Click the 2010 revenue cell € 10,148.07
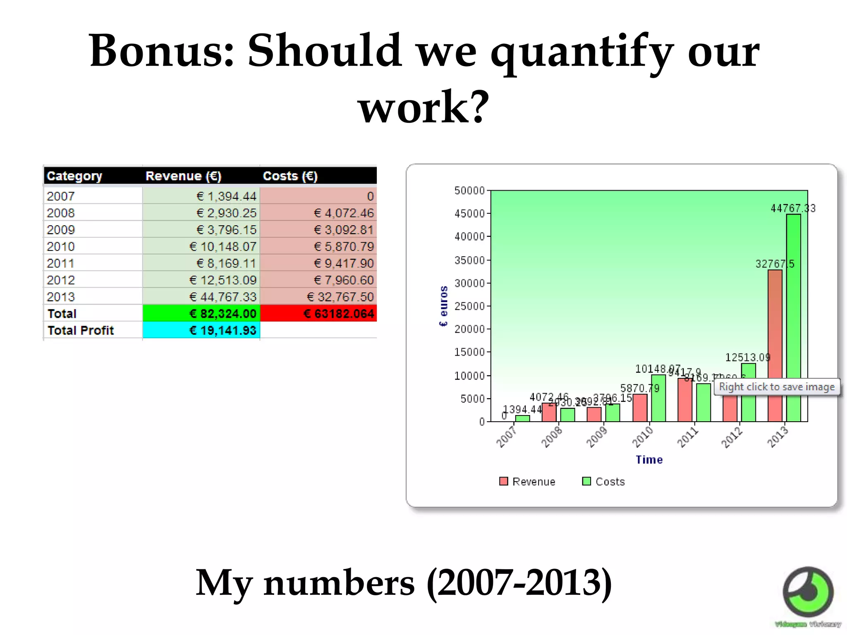coord(223,246)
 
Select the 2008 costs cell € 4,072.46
coord(343,213)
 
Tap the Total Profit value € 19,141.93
coord(223,330)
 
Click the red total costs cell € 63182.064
coord(338,314)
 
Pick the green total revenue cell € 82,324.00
coord(223,314)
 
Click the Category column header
coord(74,176)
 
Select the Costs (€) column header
coord(290,176)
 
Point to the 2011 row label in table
coord(61,263)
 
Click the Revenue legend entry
coord(527,482)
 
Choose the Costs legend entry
coord(603,482)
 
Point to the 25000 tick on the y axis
coord(469,306)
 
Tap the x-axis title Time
coord(649,460)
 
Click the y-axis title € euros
coord(443,306)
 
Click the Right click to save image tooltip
coord(777,387)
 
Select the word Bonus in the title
coord(161,51)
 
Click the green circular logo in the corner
coord(808,592)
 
